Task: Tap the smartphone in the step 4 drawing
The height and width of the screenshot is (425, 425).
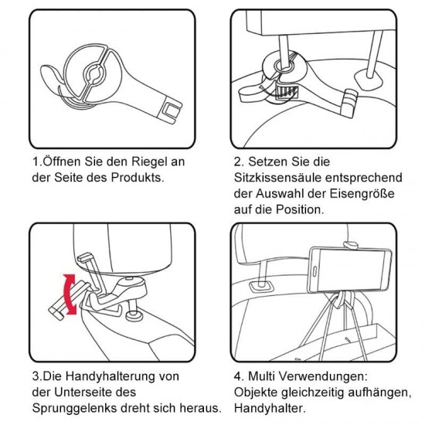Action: tap(349, 266)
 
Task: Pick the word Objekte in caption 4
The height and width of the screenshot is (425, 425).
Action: tap(255, 392)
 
